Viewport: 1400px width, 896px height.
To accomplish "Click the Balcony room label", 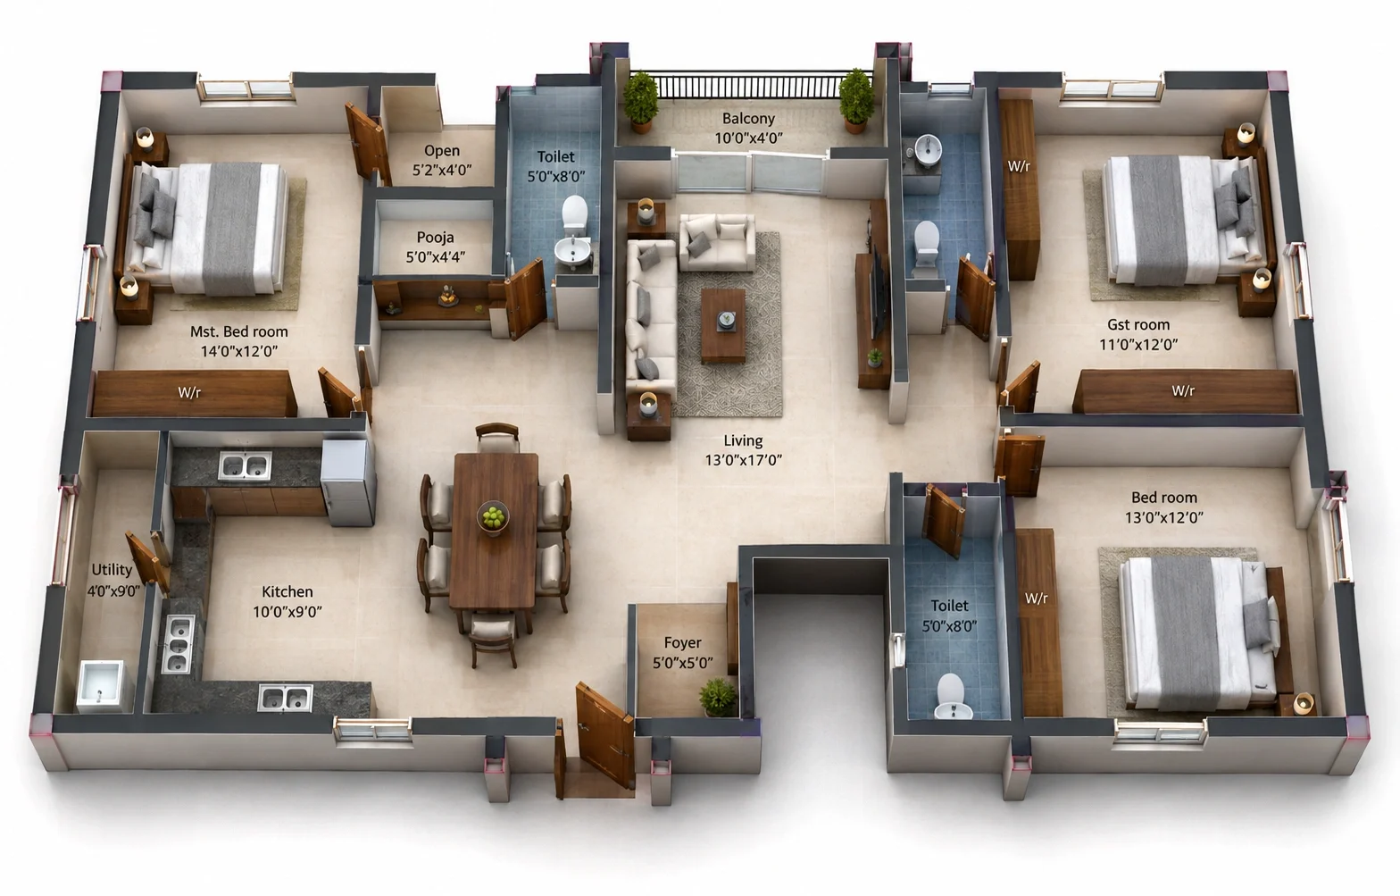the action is coord(748,118).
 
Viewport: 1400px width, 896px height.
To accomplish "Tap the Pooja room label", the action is coord(435,237).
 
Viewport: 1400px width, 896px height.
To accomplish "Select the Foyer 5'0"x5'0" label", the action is coord(682,652).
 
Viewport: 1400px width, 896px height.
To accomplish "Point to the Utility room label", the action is coord(112,570).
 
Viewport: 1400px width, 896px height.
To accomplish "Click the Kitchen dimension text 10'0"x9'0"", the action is coord(287,612).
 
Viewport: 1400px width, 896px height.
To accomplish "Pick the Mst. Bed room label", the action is coord(238,331).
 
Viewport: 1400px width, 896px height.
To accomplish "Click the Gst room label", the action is coord(1138,324).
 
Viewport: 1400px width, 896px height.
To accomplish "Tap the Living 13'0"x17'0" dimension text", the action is coord(743,460).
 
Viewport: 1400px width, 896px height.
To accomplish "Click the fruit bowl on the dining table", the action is coord(493,517).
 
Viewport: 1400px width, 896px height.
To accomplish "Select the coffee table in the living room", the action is coord(723,325).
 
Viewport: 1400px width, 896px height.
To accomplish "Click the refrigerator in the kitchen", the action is coord(348,482).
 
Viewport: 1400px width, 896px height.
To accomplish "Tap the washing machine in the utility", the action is coord(101,686).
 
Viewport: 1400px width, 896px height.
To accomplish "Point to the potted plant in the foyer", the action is coord(719,698).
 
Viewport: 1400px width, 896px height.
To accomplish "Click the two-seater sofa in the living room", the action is coord(717,242).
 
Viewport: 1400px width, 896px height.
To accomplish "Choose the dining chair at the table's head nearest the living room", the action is coord(497,438).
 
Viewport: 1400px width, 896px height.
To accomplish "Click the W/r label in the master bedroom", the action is coord(188,392).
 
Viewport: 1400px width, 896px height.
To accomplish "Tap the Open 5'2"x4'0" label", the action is coord(442,160).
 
